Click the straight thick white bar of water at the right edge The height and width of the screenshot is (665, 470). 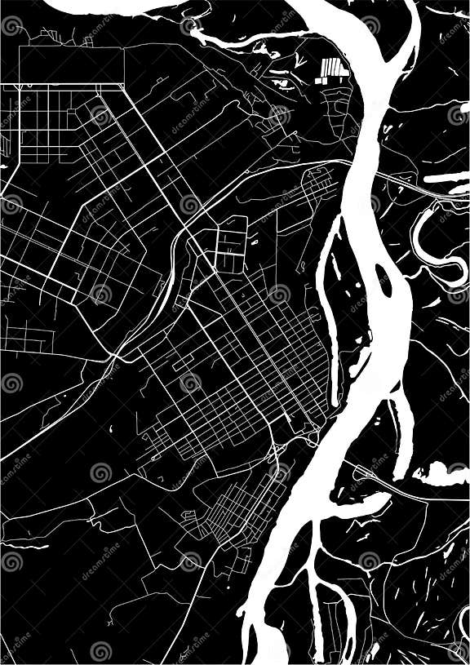(447, 177)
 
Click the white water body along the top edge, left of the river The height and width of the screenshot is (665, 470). (106, 7)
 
